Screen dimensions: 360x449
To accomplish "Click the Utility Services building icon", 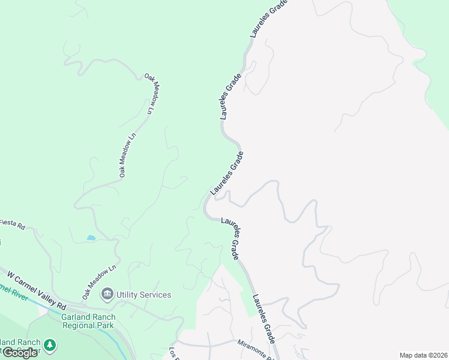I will point(107,294).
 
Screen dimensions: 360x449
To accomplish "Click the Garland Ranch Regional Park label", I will point(88,322).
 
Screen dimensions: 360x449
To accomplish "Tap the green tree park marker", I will point(50,345).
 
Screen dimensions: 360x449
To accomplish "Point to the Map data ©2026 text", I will point(423,355).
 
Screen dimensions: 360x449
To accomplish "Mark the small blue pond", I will point(91,238).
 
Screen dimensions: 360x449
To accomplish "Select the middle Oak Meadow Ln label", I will point(128,155).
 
